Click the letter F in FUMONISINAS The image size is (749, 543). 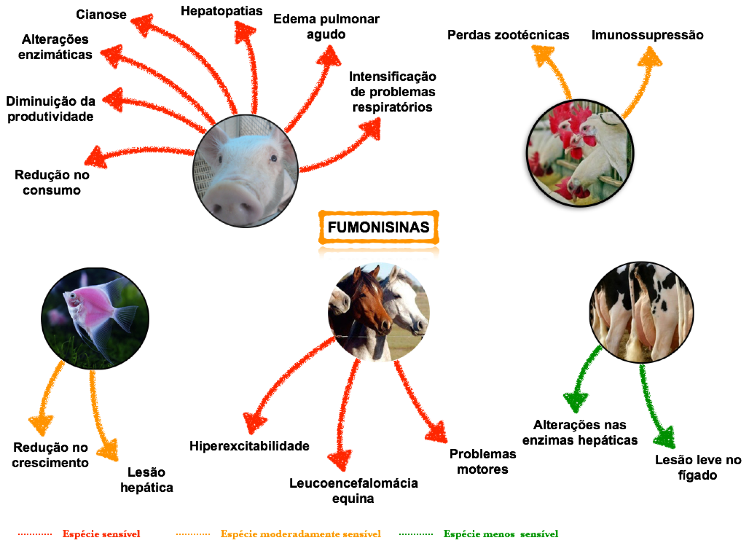pos(332,227)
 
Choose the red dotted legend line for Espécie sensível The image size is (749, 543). pos(35,534)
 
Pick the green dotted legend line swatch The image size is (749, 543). pos(416,534)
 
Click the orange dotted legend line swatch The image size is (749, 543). pos(193,534)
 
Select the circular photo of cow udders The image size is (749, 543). pos(641,312)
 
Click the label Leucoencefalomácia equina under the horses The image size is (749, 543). pos(353,491)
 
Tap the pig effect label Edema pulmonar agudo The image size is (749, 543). pos(326,27)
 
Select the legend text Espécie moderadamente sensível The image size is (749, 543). pos(301,534)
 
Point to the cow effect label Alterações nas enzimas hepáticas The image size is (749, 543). pos(580,432)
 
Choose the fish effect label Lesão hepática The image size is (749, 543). pos(147,480)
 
